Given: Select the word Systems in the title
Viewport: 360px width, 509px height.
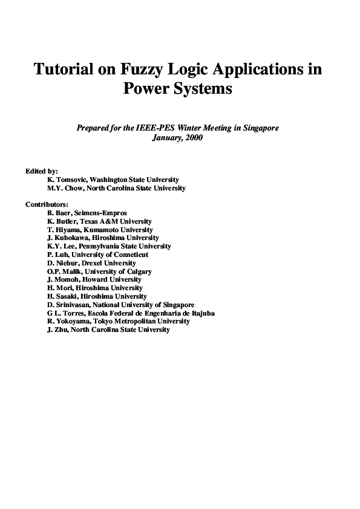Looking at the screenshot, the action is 205,89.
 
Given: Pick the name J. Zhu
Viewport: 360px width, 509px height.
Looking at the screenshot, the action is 58,330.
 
